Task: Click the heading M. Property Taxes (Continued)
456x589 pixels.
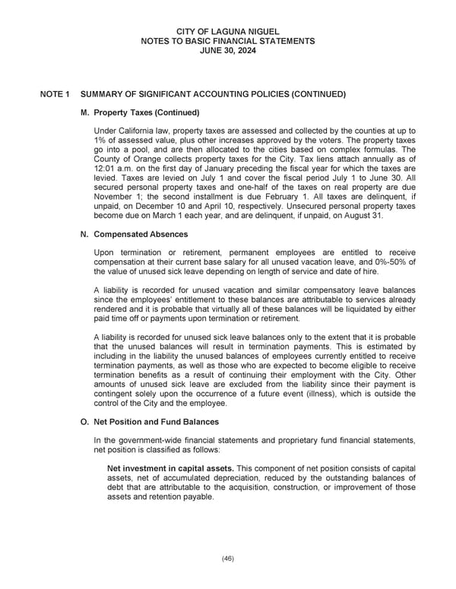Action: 140,113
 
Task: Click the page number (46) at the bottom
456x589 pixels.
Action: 228,558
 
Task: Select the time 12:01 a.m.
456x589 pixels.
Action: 113,180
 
